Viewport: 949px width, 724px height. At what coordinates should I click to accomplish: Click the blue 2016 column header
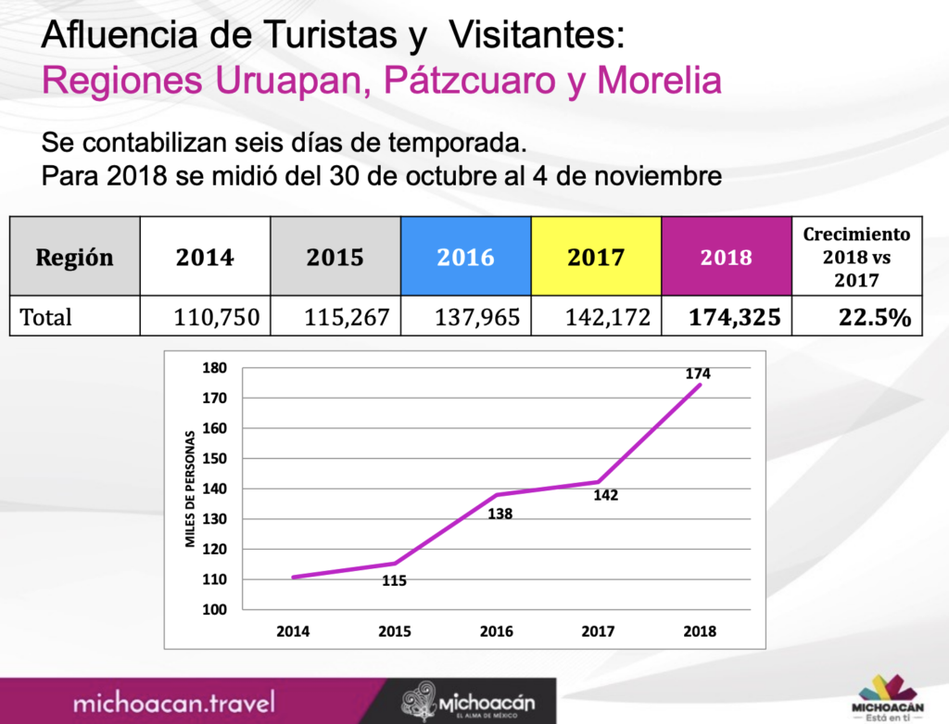pos(466,257)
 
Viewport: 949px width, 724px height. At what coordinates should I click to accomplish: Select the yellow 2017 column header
pos(596,257)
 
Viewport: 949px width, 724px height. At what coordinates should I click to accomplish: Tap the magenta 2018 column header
pos(726,257)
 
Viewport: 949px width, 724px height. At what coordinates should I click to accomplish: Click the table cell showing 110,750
pos(218,317)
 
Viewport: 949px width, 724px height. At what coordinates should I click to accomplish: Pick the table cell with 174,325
pos(735,317)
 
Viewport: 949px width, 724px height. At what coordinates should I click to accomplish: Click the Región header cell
pos(74,257)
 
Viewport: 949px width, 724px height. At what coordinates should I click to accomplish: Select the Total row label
pos(46,317)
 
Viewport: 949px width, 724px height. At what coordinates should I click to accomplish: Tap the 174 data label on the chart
pos(698,373)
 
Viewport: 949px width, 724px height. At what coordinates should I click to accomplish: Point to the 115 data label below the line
pos(394,581)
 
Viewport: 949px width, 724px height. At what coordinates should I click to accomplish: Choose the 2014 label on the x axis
pos(293,631)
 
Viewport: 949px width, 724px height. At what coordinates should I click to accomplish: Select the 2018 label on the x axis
pos(700,631)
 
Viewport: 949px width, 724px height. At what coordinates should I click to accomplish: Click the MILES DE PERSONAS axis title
pos(189,489)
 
